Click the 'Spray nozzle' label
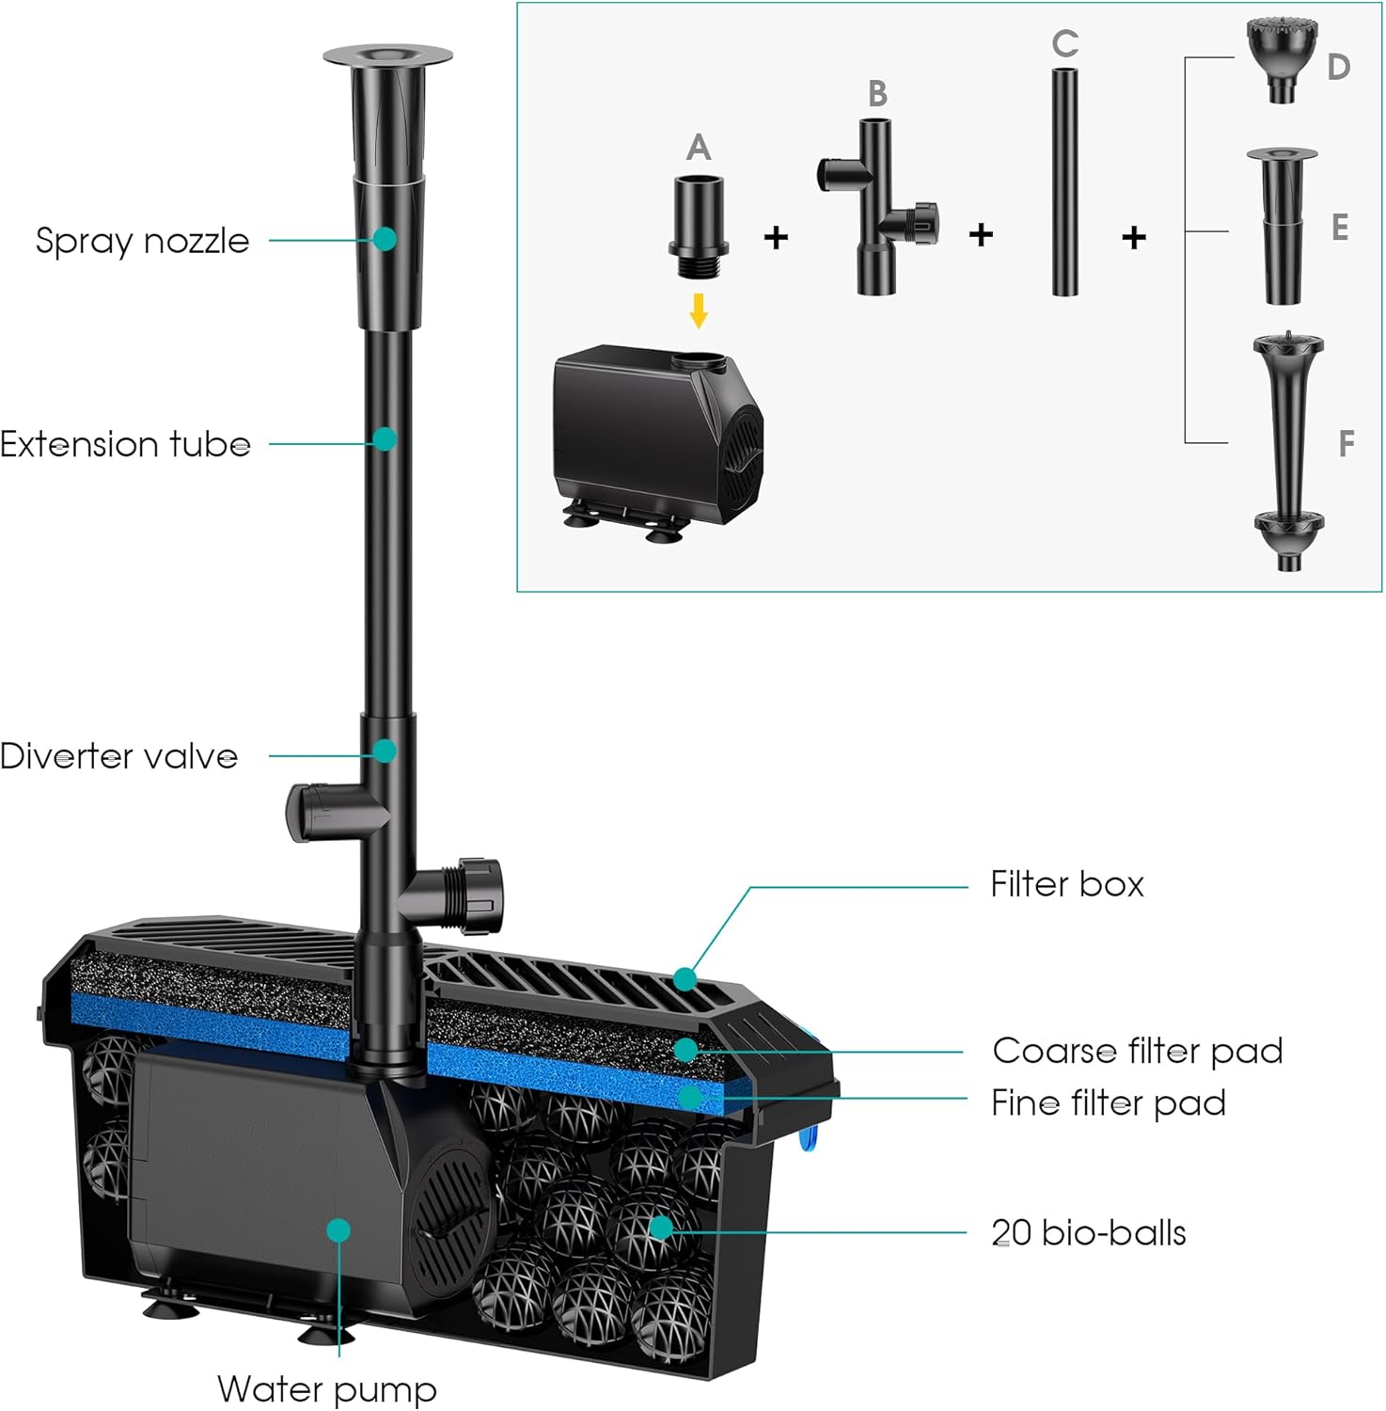[142, 241]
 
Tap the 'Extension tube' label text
[125, 444]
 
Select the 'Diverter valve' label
[118, 756]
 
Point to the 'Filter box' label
[1066, 884]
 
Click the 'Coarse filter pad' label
[1137, 1051]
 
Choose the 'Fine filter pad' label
[1108, 1102]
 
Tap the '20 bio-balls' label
[1088, 1232]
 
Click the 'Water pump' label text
[326, 1388]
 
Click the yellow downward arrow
[698, 310]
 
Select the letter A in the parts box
[698, 148]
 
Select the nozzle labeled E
[1282, 226]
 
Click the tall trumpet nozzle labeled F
[1287, 452]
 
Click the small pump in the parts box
[656, 433]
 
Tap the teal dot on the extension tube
[384, 438]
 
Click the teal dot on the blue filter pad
[690, 1097]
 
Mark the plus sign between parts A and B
[776, 237]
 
